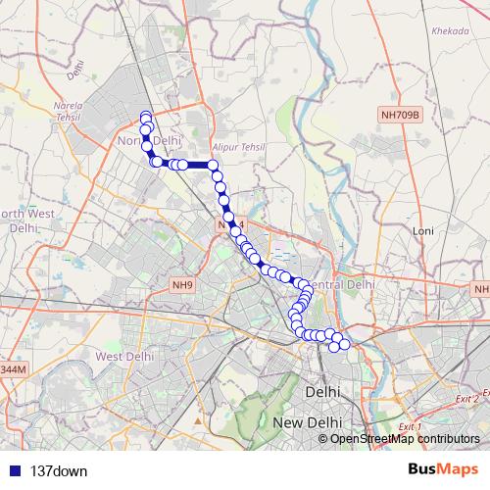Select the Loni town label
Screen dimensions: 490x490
pyautogui.click(x=423, y=231)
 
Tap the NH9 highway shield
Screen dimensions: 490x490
pyautogui.click(x=181, y=285)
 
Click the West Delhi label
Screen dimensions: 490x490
pyautogui.click(x=122, y=356)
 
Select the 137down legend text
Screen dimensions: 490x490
pyautogui.click(x=59, y=470)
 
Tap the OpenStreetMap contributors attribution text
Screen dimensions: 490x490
pyautogui.click(x=404, y=438)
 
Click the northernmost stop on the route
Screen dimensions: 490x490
pyautogui.click(x=146, y=117)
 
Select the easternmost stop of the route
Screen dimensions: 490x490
pyautogui.click(x=344, y=345)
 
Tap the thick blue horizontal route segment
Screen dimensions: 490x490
pyautogui.click(x=196, y=165)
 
